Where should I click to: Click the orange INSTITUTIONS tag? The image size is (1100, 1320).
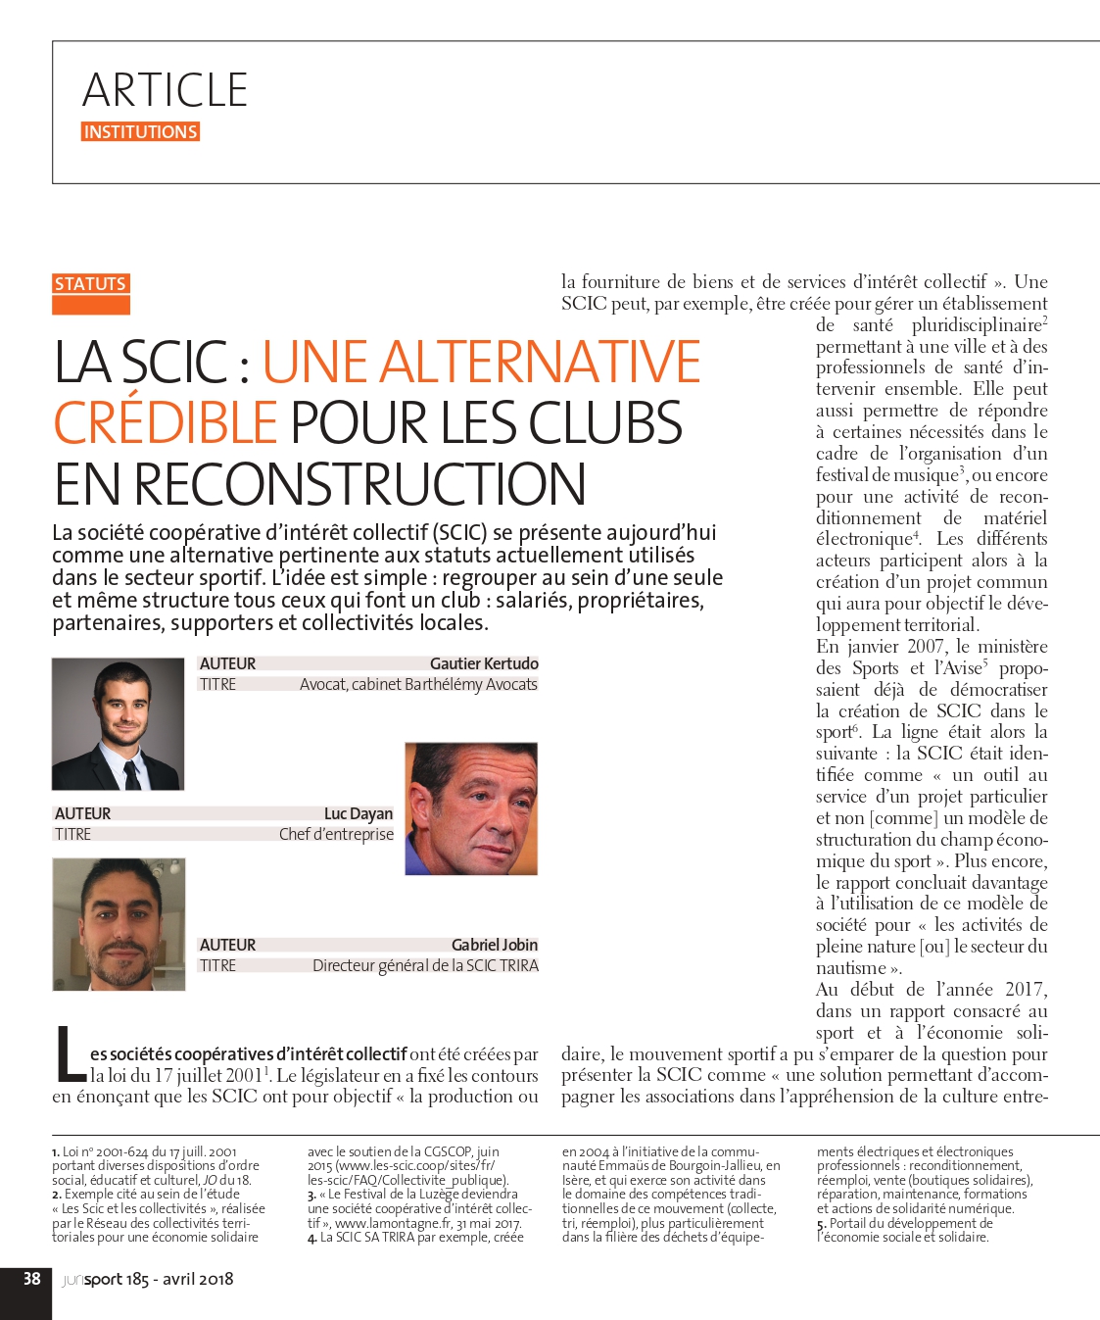(x=140, y=132)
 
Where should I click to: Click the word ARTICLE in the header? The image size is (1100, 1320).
(x=165, y=90)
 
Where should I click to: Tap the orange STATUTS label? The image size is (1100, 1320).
(x=90, y=284)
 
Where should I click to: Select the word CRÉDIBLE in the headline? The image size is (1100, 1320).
(x=166, y=422)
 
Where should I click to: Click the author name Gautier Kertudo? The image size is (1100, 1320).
(x=484, y=663)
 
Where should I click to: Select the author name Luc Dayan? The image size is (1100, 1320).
(x=359, y=813)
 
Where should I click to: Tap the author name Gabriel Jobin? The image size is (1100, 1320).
(x=495, y=945)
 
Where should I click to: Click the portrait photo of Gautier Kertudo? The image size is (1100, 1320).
(x=118, y=724)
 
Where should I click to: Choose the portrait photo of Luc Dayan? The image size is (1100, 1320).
(x=471, y=808)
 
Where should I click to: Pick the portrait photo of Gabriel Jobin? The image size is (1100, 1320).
(x=119, y=924)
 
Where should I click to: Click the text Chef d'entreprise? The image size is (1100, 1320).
(x=336, y=834)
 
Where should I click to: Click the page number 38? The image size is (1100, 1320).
(x=32, y=1279)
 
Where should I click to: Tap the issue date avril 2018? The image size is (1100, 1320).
(x=198, y=1279)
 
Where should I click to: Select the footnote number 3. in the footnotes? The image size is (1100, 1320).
(x=311, y=1195)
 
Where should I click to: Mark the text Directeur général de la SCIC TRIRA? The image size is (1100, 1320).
(x=425, y=965)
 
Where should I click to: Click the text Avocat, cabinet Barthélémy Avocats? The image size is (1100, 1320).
(x=418, y=684)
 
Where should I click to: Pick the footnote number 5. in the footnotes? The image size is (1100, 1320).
(x=821, y=1223)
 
